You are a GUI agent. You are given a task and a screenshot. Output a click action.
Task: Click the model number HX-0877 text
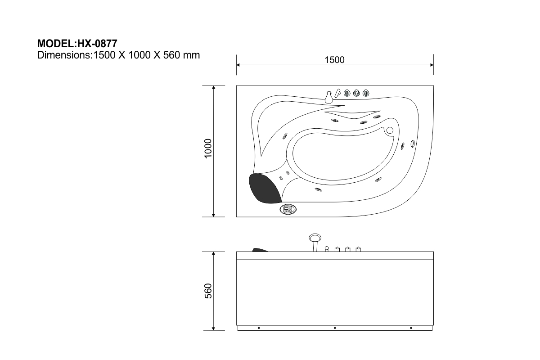[x=97, y=44]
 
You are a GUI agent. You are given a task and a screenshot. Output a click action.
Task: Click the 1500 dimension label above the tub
[x=334, y=60]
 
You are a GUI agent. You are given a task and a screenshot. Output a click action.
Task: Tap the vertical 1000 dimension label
[x=208, y=148]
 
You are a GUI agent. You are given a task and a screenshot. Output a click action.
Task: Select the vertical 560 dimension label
[x=208, y=291]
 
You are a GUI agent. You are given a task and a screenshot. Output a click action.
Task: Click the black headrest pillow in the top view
[x=265, y=188]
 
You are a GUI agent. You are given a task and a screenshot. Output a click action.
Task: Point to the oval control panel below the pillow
[x=288, y=209]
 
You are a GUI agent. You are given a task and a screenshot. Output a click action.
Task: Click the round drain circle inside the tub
[x=390, y=130]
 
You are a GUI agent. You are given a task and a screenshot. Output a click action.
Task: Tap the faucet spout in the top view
[x=328, y=97]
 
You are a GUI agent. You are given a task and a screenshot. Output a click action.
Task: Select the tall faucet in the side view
[x=315, y=243]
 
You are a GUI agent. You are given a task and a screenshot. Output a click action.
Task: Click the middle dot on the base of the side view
[x=335, y=328]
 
